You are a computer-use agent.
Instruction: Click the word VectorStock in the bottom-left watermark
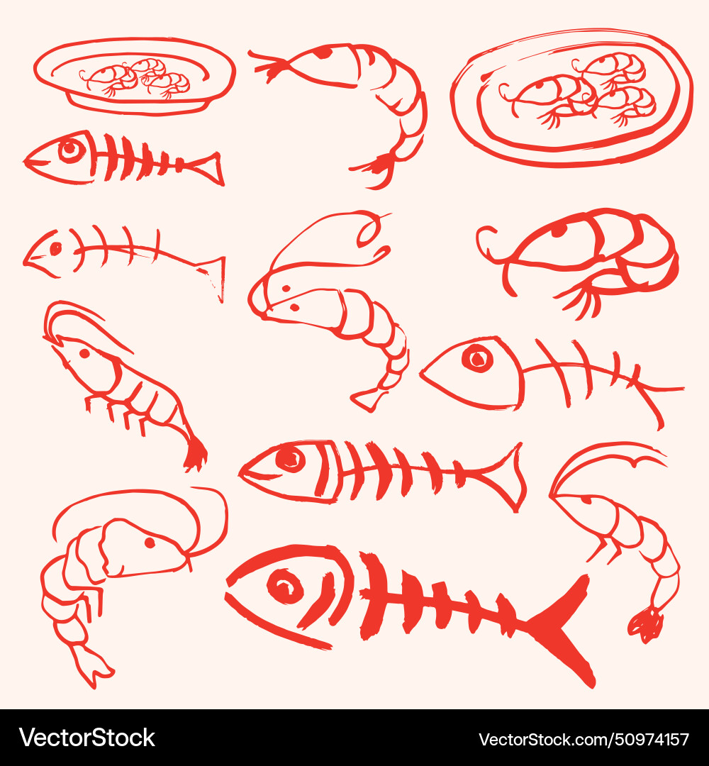pos(86,738)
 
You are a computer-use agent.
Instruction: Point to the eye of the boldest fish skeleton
pos(285,587)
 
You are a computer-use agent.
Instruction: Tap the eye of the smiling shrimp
pos(150,543)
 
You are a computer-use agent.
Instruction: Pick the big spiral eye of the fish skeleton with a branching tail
pos(477,358)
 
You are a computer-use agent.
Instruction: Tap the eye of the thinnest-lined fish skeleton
pos(55,249)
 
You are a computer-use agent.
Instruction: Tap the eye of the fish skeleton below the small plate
pos(71,150)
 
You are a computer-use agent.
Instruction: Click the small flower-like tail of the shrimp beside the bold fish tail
pos(646,624)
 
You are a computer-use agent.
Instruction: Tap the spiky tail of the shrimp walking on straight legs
pos(195,454)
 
